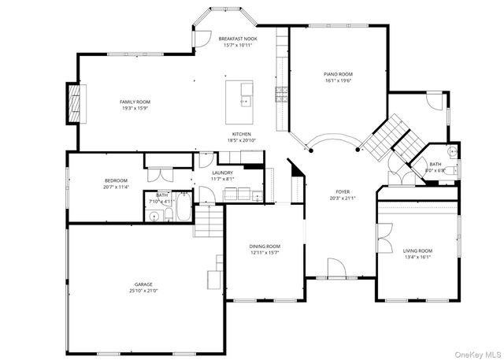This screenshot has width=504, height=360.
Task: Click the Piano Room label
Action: (339, 74)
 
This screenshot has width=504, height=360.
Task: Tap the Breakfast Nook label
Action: (238, 39)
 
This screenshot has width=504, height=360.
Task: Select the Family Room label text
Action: (135, 102)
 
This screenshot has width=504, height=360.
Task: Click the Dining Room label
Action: (265, 247)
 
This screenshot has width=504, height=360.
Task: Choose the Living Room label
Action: (417, 251)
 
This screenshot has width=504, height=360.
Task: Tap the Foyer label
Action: (343, 191)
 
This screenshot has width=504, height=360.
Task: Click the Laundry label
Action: (222, 173)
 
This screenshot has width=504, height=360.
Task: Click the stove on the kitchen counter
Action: (281, 95)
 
